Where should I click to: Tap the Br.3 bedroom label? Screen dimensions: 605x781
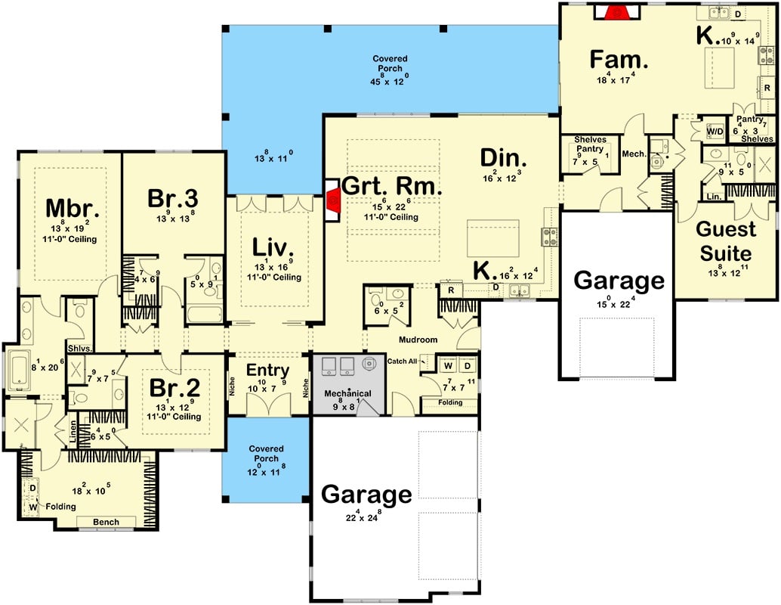[173, 198]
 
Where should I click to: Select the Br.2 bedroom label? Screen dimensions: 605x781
[174, 388]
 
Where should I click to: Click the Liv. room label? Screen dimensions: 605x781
[270, 247]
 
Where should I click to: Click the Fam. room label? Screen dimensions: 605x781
[616, 59]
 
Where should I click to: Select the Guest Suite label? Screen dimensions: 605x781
[726, 240]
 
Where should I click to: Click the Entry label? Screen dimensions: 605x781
[268, 370]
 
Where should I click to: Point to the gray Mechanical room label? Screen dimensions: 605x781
[347, 394]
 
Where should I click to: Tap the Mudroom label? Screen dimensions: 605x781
[419, 340]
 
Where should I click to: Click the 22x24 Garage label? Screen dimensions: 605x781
[366, 495]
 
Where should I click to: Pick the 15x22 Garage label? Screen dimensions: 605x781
[619, 281]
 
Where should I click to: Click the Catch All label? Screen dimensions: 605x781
[402, 361]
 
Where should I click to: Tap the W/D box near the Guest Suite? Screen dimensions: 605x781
[715, 131]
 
